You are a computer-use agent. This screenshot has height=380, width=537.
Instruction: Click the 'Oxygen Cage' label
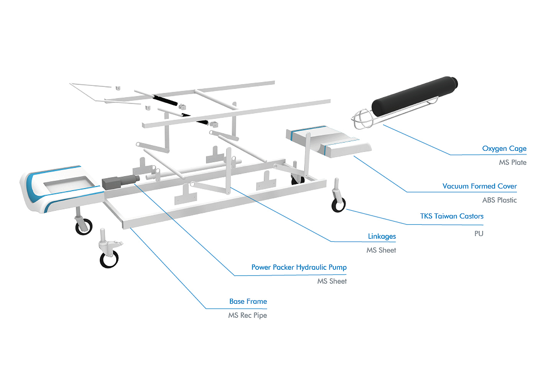tap(504, 149)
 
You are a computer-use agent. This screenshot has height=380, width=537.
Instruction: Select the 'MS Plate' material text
tap(512, 162)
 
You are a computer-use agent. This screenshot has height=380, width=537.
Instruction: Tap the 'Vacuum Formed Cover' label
tap(479, 186)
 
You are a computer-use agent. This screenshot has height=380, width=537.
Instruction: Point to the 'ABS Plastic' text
tap(499, 200)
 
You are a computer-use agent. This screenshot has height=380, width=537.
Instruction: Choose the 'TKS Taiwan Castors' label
tap(451, 216)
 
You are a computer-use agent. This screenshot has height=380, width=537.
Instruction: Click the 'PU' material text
tap(479, 233)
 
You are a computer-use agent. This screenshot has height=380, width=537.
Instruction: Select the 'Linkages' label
tap(382, 236)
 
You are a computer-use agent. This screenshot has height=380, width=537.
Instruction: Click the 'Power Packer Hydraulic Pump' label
tap(299, 267)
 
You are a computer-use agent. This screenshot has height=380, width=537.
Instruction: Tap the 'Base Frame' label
tap(248, 301)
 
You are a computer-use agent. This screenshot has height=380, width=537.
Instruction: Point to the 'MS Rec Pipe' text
tap(247, 315)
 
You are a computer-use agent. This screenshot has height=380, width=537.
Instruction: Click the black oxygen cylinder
tap(414, 96)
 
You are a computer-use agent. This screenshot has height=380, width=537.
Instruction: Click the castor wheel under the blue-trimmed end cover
tap(84, 226)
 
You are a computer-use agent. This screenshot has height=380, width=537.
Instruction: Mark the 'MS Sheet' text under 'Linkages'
tap(381, 250)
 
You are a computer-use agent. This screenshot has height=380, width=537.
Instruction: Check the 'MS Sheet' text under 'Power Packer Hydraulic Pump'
tap(332, 281)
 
